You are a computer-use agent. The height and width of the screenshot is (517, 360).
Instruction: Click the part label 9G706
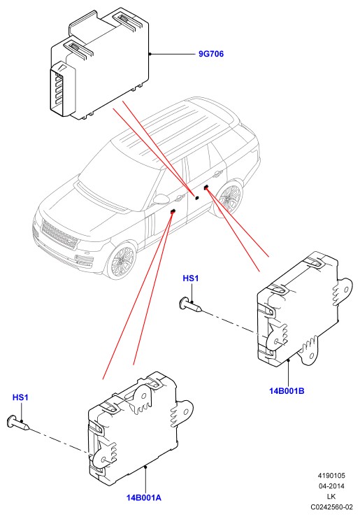point(211,54)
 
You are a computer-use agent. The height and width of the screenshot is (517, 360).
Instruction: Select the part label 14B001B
point(287,391)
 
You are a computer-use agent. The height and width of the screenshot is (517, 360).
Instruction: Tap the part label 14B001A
point(144,497)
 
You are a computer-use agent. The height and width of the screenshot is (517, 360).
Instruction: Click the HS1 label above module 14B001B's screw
point(191,278)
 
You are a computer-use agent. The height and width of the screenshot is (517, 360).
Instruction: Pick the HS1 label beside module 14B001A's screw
point(20,397)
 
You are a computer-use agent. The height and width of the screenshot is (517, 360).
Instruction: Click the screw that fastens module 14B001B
point(191,304)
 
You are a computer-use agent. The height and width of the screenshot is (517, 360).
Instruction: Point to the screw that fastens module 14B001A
point(18,423)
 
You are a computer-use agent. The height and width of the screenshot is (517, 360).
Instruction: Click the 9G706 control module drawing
point(99,62)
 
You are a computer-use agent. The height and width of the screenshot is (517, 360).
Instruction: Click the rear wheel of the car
point(231,197)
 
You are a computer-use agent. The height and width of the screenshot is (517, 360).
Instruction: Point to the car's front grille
point(59,235)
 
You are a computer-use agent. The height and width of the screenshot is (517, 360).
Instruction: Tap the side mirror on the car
point(160,199)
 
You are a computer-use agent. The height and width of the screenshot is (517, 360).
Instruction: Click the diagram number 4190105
point(331,476)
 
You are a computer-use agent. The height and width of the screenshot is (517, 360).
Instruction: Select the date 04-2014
point(331,486)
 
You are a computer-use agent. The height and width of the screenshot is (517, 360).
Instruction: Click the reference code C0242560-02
point(331,507)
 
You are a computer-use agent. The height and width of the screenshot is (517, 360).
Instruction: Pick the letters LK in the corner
point(331,497)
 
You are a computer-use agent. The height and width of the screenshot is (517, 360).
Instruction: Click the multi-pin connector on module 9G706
point(62,88)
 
